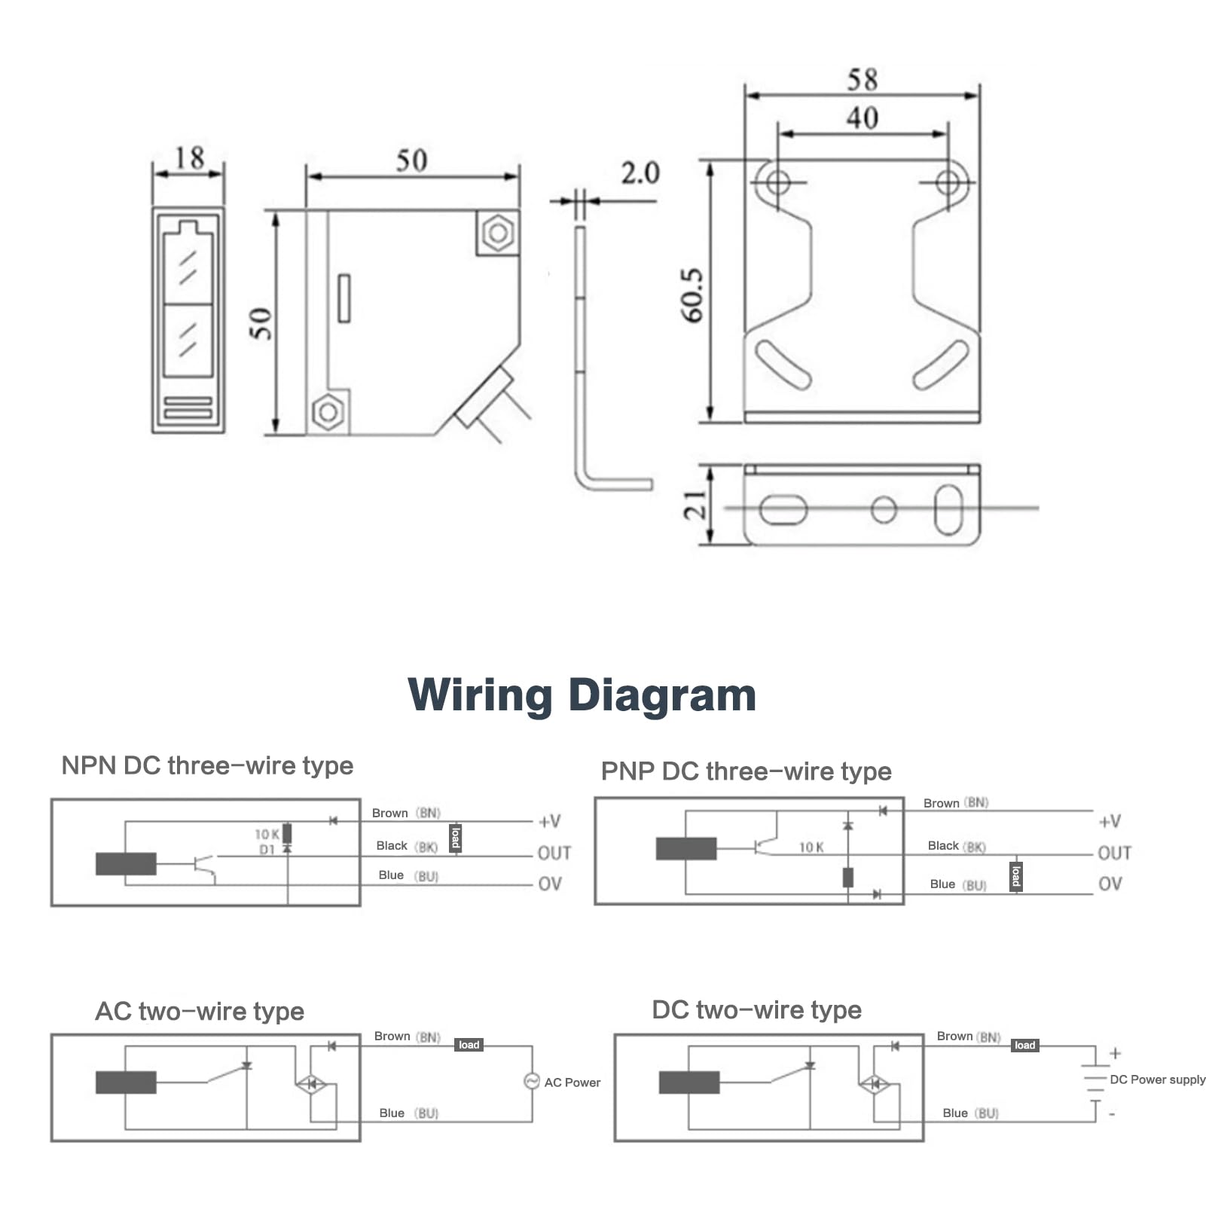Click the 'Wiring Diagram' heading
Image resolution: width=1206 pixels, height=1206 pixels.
[x=582, y=695]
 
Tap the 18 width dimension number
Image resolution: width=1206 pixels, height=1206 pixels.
[x=189, y=158]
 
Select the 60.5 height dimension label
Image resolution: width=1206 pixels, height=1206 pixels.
[x=692, y=295]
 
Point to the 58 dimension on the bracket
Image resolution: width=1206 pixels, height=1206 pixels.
[x=862, y=79]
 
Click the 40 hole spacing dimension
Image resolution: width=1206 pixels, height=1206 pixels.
[x=862, y=118]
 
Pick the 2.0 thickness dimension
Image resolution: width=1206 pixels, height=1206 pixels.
[x=640, y=173]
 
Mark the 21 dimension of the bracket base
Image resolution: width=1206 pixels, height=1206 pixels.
[x=695, y=505]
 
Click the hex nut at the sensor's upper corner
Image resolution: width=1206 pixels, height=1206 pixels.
[x=498, y=233]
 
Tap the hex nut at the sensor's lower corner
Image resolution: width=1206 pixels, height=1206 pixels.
[x=328, y=411]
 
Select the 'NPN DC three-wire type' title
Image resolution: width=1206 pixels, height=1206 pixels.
[x=207, y=765]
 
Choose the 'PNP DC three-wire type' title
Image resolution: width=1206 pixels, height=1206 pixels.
[x=746, y=771]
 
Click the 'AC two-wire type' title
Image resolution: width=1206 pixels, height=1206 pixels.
[x=200, y=1011]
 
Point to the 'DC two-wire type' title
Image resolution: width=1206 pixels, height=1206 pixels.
[x=756, y=1009]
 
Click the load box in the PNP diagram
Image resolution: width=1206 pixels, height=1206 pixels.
[x=1015, y=877]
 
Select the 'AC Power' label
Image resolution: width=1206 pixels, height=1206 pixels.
[x=572, y=1082]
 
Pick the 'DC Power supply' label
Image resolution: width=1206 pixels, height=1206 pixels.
[x=1158, y=1079]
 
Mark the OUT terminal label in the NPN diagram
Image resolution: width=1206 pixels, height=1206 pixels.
[x=554, y=853]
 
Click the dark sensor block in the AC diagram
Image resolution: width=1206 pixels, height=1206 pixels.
[x=126, y=1082]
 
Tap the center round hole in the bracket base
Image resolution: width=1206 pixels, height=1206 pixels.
[x=884, y=509]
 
